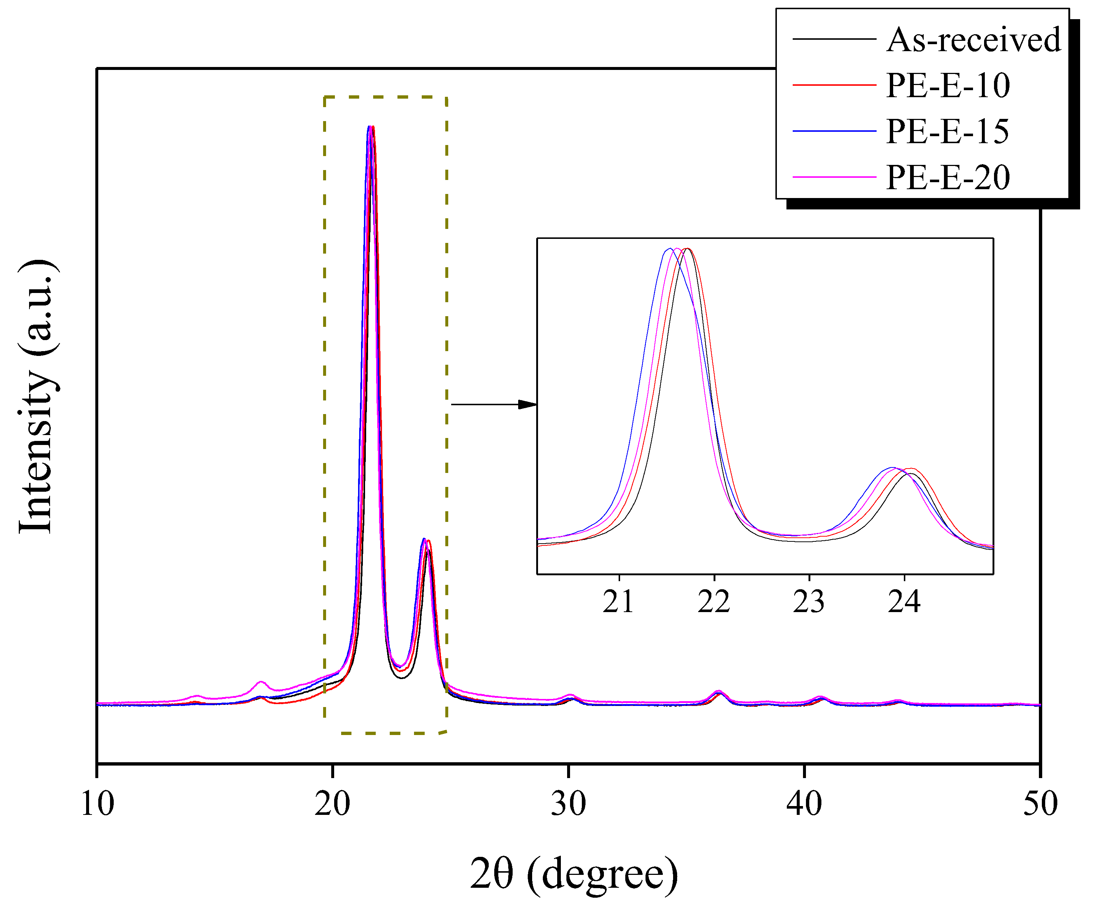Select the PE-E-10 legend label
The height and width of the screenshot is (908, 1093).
(x=948, y=85)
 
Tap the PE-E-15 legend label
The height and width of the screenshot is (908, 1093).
(x=947, y=131)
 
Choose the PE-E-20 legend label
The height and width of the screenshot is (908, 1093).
(x=948, y=177)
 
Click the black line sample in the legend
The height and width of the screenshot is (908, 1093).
(x=834, y=39)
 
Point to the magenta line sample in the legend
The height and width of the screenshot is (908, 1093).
(x=834, y=177)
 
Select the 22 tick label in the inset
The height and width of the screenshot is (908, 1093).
(x=714, y=603)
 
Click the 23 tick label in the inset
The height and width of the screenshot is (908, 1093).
(x=809, y=603)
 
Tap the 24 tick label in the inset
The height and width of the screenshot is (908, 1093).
(x=904, y=603)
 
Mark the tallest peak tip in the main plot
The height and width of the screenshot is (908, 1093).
(x=371, y=127)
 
